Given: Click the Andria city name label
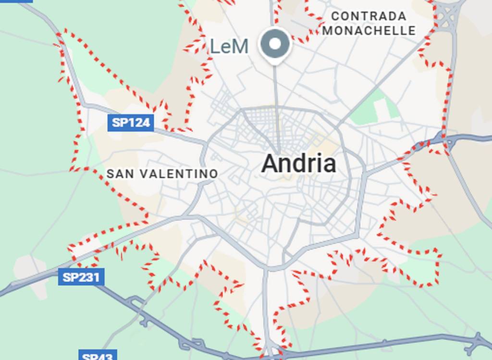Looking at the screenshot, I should coord(298,164).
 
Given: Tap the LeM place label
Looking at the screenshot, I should coord(230,47).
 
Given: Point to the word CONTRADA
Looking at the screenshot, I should coord(369,16).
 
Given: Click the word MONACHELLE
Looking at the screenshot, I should coord(369,31).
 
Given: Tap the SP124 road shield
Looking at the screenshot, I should coord(131,123).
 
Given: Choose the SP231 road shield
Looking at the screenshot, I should coord(81,277).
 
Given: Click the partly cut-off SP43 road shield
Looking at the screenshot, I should coord(98,356).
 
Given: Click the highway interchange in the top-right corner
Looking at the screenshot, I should coord(449,16).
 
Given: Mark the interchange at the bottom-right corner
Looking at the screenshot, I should coord(478,342).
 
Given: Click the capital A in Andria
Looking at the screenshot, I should coord(271,164).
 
